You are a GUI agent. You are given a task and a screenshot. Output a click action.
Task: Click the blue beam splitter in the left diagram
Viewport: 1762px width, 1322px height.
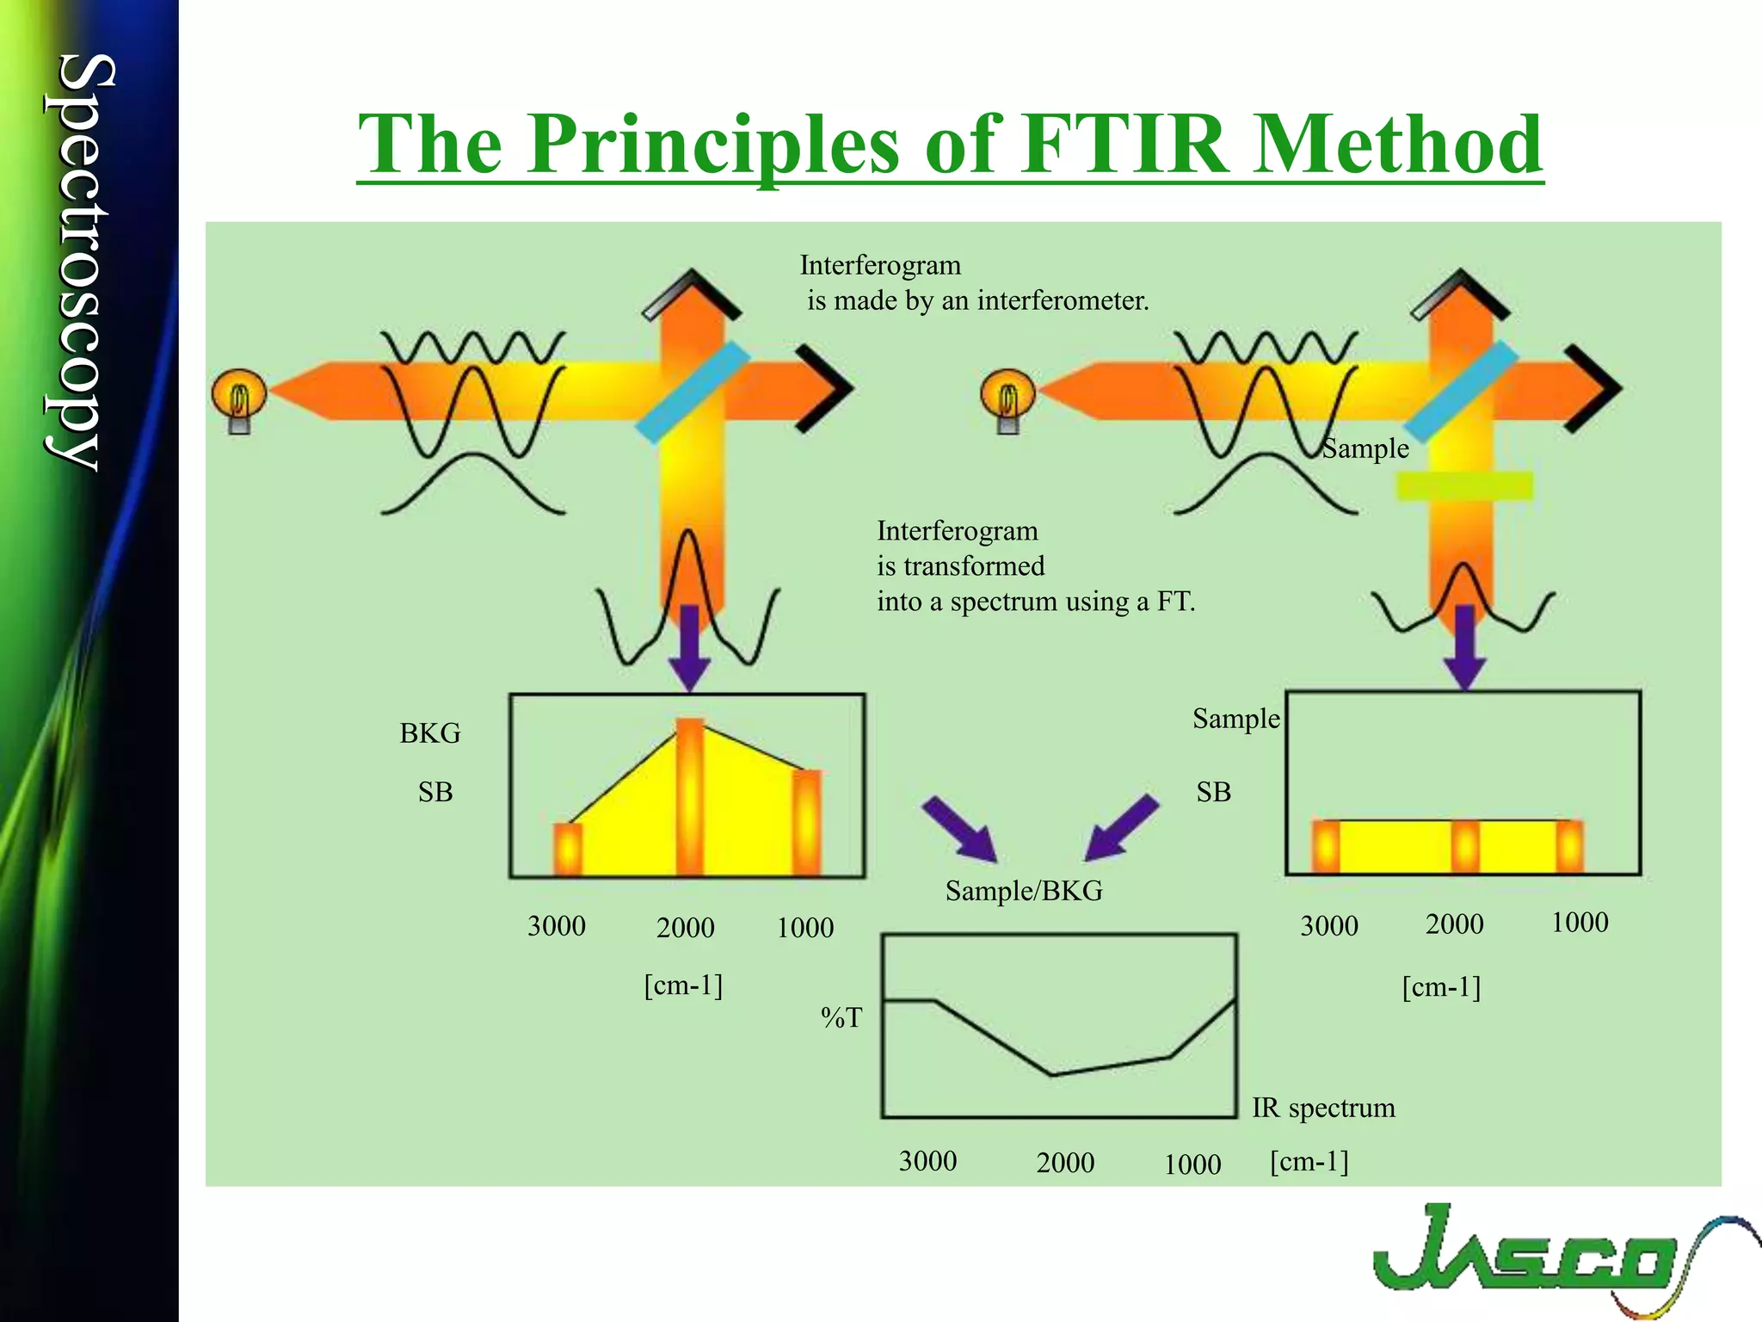click(x=693, y=392)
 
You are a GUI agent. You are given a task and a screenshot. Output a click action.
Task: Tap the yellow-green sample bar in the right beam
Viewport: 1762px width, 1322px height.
click(x=1464, y=486)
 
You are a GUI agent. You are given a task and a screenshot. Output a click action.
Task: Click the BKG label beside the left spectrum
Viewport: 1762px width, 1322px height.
click(x=429, y=733)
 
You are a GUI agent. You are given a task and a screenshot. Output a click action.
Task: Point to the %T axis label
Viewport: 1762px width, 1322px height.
click(x=841, y=1018)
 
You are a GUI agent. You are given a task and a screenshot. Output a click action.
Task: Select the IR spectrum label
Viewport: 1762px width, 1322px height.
click(x=1323, y=1108)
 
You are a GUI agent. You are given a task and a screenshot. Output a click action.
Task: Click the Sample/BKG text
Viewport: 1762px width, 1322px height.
click(x=1023, y=891)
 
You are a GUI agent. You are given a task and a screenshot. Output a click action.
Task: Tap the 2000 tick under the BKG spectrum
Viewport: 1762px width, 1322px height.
click(x=685, y=928)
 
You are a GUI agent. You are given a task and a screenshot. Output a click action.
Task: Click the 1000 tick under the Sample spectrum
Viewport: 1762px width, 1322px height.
click(x=1579, y=923)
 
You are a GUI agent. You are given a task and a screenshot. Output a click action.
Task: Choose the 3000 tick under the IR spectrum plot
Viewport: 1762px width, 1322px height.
click(x=927, y=1161)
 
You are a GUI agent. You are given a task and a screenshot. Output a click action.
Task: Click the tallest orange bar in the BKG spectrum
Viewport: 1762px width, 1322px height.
click(x=690, y=796)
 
